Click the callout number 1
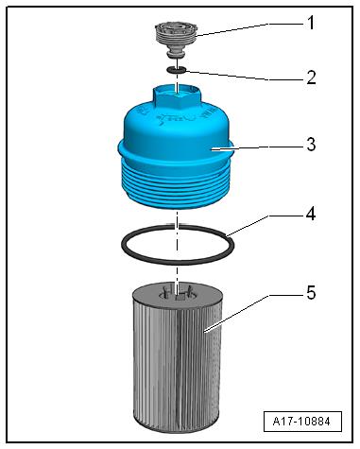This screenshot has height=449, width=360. tap(311, 23)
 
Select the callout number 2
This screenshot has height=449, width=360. tap(311, 78)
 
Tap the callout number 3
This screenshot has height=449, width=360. tap(311, 145)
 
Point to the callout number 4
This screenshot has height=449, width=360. tap(311, 215)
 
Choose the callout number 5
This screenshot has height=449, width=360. tap(311, 293)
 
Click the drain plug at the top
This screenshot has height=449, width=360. tap(177, 39)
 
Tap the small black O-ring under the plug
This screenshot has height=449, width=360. tap(177, 70)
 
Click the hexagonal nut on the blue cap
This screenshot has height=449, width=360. tap(177, 96)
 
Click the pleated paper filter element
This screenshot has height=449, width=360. tap(177, 357)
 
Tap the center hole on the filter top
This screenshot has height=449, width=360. tap(177, 295)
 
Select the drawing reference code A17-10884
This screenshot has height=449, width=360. tap(301, 422)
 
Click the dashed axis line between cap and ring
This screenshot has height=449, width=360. tap(177, 217)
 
